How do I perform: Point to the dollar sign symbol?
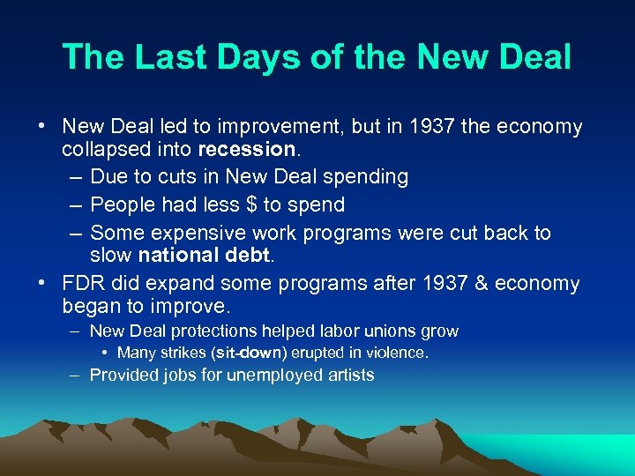pos(253,205)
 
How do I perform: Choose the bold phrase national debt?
pos(205,256)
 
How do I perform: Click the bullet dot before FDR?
pos(41,283)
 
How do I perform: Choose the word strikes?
pos(182,353)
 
